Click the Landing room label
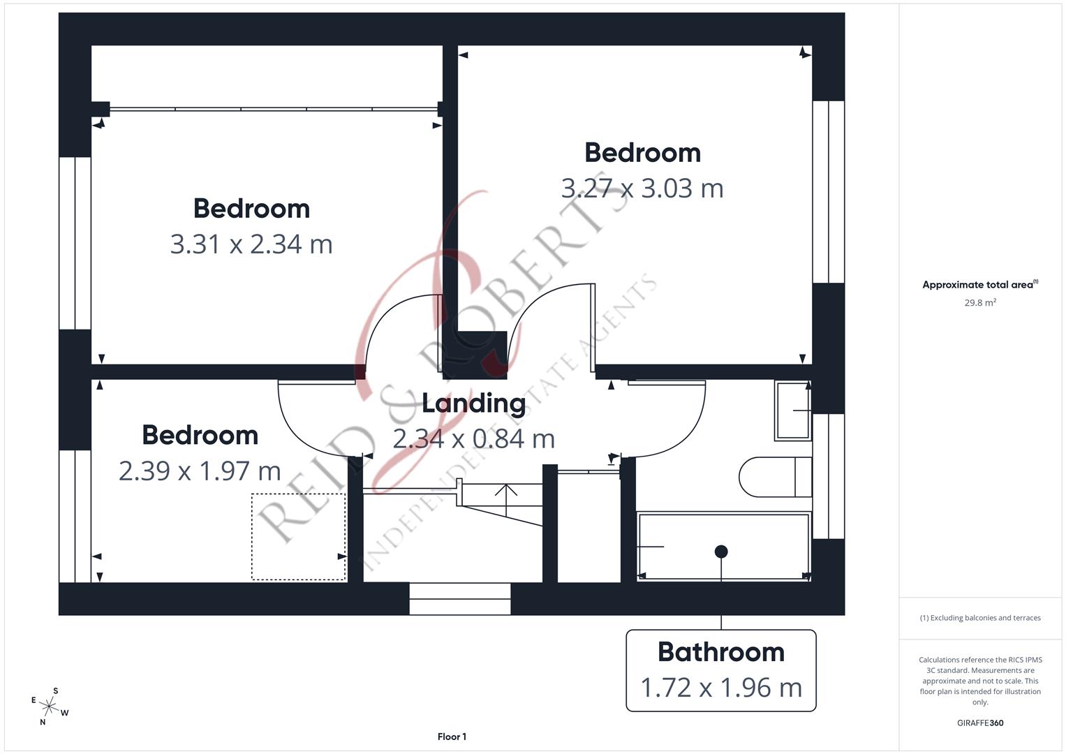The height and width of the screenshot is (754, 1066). coord(473,404)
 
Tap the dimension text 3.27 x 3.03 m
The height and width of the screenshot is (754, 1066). coord(642,188)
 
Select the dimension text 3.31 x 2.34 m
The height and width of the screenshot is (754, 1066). coord(251,244)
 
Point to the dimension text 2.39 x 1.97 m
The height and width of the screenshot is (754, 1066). coord(200,471)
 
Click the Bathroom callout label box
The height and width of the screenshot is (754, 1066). coord(720,670)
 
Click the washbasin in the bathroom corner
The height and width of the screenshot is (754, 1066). coord(792,411)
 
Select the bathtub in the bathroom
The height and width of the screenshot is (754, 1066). coord(723,547)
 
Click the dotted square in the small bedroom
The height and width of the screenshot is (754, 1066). coord(298,536)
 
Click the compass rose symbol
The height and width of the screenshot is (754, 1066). coord(50,707)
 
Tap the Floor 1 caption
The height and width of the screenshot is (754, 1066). coord(452,737)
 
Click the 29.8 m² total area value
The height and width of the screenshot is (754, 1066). coord(980,303)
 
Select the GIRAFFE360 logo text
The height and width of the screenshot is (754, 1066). coord(980,723)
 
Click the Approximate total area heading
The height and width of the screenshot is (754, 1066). coord(979,285)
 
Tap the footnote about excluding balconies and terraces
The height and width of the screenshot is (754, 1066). coord(980,618)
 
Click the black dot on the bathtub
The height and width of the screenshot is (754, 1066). coord(721,552)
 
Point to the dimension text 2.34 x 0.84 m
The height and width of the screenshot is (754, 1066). coord(473,439)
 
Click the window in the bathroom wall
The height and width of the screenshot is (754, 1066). coord(829,476)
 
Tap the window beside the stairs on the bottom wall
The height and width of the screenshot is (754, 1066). coord(459,599)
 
